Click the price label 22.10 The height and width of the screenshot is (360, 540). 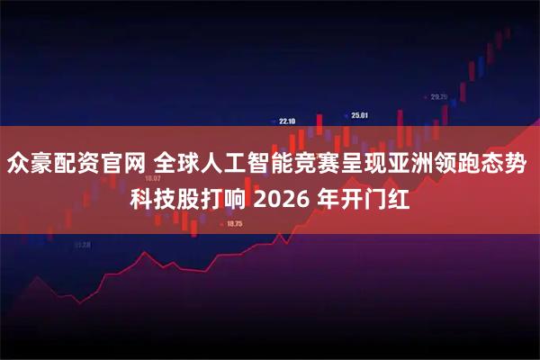[x=288, y=121]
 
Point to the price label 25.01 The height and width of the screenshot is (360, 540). [x=360, y=115]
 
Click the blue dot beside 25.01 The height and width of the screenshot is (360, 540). [x=347, y=115]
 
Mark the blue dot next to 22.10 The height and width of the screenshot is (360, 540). [x=274, y=121]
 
